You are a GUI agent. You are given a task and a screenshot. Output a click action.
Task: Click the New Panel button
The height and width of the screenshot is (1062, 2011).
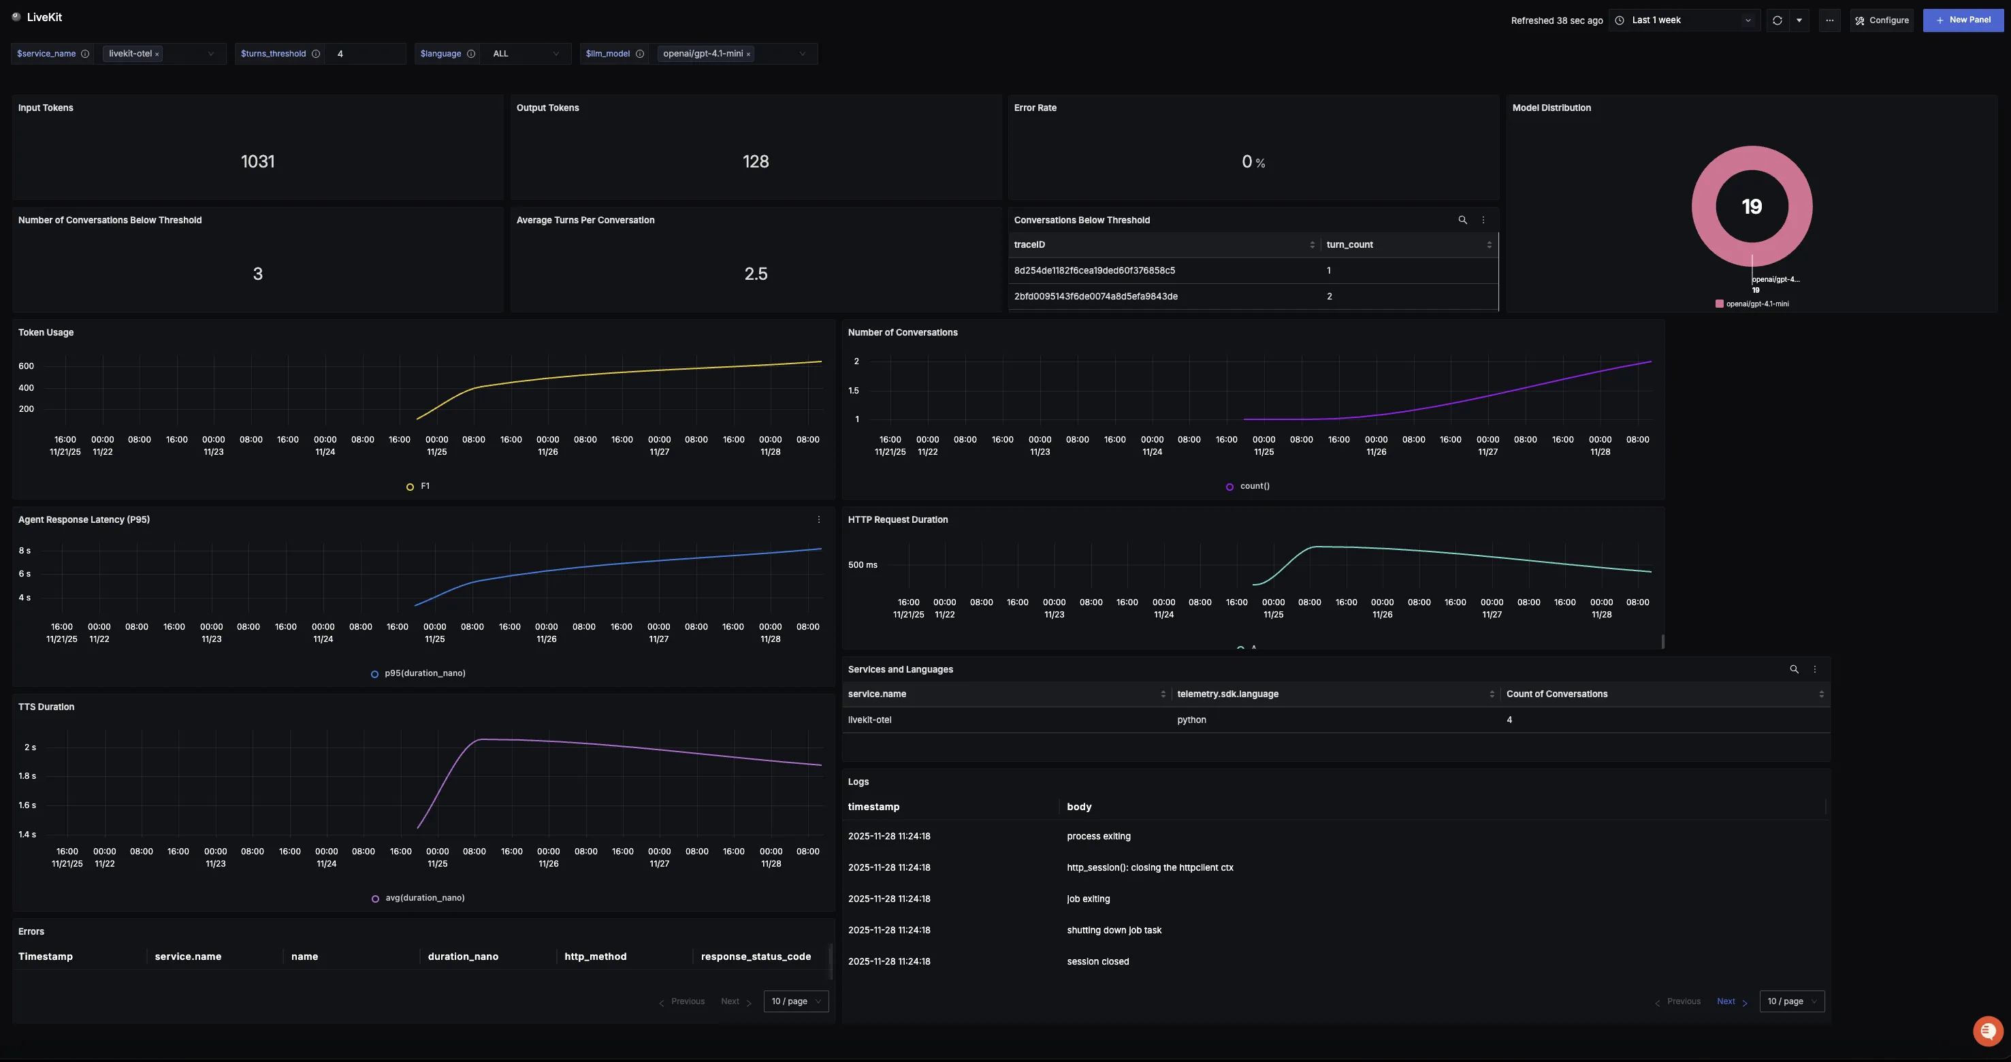pos(1963,20)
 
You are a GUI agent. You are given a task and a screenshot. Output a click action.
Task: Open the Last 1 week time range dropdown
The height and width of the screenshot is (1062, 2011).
pos(1684,20)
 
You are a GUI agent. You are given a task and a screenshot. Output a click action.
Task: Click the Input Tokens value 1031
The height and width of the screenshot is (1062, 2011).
pos(257,161)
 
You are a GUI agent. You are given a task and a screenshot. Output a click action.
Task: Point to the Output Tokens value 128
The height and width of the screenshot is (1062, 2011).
pos(755,161)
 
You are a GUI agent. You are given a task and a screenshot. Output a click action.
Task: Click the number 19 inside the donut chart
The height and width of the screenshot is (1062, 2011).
pos(1751,207)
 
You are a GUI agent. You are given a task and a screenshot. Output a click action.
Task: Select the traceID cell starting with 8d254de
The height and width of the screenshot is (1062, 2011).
pos(1094,271)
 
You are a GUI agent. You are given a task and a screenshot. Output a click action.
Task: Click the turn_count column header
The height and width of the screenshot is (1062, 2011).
pos(1349,245)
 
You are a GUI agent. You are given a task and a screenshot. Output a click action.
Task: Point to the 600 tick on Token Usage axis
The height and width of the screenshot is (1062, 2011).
pos(26,366)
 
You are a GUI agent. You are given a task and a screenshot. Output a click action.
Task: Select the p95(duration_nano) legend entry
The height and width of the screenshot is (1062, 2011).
pos(424,674)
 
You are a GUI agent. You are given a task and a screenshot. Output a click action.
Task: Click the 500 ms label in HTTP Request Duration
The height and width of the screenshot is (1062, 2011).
pos(862,565)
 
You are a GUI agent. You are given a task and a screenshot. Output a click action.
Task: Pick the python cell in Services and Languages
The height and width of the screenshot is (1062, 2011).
pos(1191,720)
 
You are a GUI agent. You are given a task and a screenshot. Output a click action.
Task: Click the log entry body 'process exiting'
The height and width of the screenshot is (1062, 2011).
pos(1098,836)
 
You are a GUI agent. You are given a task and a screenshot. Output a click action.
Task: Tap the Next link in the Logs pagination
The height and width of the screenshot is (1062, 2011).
pos(1725,1002)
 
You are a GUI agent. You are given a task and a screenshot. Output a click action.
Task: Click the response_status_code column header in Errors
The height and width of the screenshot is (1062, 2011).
pos(755,956)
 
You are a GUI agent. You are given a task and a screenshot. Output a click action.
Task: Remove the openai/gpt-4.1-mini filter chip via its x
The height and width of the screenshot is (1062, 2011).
pos(748,54)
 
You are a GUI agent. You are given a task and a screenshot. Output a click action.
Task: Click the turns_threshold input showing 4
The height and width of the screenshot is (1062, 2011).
pos(364,54)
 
